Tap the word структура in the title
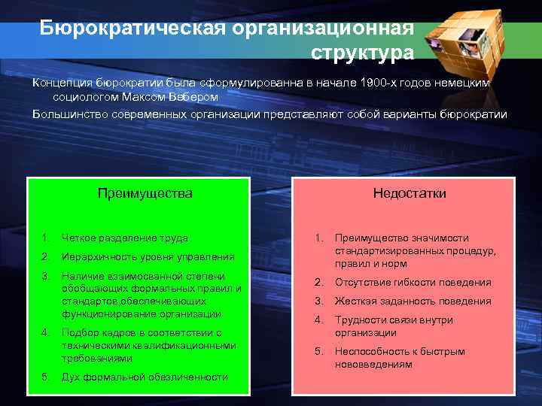[361, 53]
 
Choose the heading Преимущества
[145, 193]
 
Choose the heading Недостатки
[410, 193]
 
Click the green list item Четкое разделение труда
[125, 238]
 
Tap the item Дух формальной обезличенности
[145, 377]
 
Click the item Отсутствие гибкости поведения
[413, 283]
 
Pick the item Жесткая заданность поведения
[413, 301]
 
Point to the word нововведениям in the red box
[374, 364]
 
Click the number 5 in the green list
[45, 377]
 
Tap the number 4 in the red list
[318, 320]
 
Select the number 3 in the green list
[45, 274]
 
